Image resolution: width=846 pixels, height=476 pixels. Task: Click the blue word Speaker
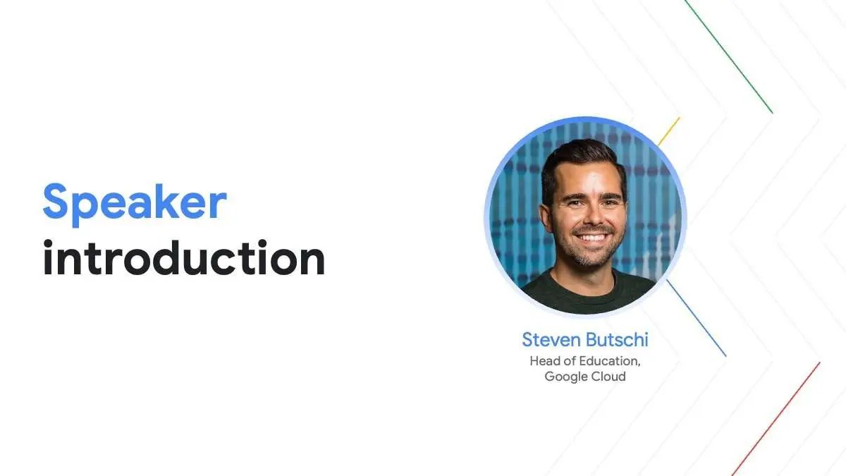(135, 204)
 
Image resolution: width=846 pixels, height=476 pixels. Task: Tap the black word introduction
(184, 257)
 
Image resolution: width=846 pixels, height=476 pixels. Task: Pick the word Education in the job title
(610, 362)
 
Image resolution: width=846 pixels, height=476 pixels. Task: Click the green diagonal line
(728, 56)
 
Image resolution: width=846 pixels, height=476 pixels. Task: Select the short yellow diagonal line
(669, 131)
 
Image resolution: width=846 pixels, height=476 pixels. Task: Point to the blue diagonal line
(697, 318)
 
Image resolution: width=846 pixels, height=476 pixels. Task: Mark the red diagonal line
(775, 419)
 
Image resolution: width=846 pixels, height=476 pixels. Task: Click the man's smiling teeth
(591, 238)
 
